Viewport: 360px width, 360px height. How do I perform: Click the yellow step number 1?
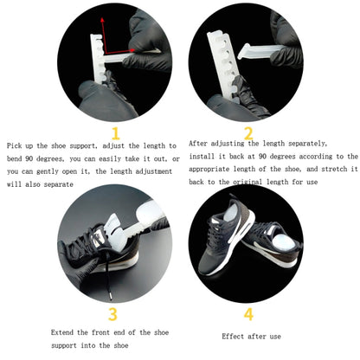(x=116, y=133)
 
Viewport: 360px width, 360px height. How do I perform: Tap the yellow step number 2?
(x=248, y=133)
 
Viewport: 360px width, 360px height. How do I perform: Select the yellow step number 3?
(x=112, y=314)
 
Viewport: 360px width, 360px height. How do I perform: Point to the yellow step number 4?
(x=248, y=314)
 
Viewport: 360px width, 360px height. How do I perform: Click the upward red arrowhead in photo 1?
(x=102, y=20)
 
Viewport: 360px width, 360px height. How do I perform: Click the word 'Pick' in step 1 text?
(x=14, y=145)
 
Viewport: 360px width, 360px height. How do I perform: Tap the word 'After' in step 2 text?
(x=197, y=144)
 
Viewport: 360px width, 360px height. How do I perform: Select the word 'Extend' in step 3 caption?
(x=61, y=332)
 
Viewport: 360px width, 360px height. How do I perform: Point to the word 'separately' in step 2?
(x=307, y=144)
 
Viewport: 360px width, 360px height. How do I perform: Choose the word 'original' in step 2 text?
(x=247, y=182)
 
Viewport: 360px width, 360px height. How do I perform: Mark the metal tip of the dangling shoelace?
(x=110, y=296)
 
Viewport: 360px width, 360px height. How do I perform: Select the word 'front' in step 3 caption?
(x=100, y=332)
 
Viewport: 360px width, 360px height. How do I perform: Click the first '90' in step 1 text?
(x=29, y=158)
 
